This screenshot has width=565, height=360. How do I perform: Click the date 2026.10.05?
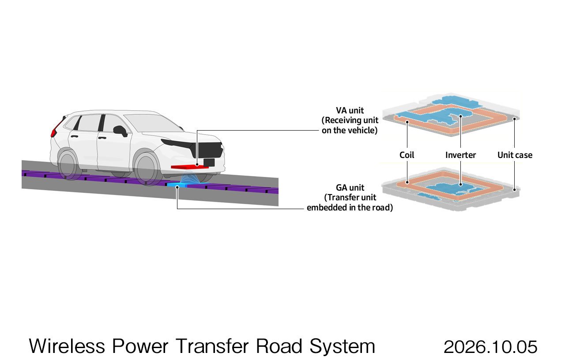490,347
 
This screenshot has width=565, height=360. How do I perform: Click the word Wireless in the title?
67,346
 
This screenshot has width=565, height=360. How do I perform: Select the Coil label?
407,155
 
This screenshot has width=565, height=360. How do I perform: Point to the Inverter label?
460,155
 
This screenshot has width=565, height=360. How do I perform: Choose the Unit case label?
515,155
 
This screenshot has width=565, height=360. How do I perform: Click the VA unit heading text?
350,110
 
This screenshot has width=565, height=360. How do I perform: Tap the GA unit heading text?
350,187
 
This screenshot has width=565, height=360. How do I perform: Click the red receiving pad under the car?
190,166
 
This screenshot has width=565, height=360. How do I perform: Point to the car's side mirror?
120,131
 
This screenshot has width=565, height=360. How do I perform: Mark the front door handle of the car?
102,138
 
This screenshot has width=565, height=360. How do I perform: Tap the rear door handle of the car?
75,137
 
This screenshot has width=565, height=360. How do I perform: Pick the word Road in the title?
279,346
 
